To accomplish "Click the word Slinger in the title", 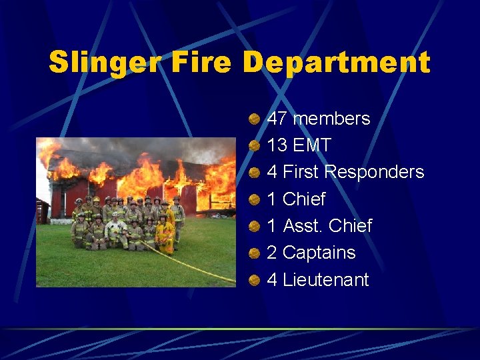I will (x=101, y=63).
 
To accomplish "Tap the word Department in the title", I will (x=337, y=63).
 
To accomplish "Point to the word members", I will (x=331, y=119).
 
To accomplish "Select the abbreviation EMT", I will (x=312, y=145).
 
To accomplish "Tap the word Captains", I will (x=319, y=253).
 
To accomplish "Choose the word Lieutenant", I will (x=325, y=279).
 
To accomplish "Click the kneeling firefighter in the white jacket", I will (x=115, y=231).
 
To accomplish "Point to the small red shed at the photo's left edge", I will (x=42, y=210).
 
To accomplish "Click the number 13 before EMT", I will (x=277, y=145).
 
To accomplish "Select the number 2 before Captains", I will (x=272, y=253).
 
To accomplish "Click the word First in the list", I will (x=301, y=172).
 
